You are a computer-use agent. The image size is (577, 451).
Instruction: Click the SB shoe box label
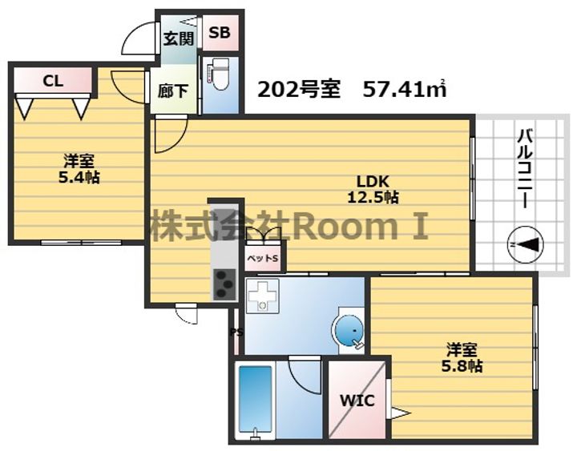click(220, 32)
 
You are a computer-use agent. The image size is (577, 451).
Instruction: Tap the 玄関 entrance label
click(179, 38)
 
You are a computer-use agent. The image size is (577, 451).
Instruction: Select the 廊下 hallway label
click(173, 91)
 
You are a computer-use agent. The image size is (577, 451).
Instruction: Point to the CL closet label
click(53, 81)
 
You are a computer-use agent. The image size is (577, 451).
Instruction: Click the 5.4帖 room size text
click(79, 178)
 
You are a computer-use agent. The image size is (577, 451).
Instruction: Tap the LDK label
click(373, 181)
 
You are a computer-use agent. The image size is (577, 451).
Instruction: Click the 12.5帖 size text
click(373, 198)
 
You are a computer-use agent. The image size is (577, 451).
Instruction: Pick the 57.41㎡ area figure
click(405, 90)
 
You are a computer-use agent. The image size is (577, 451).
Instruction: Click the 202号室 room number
click(299, 90)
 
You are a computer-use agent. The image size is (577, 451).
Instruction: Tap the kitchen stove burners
click(224, 284)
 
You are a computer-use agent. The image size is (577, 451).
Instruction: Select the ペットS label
click(263, 258)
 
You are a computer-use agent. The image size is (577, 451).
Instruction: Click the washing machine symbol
click(262, 296)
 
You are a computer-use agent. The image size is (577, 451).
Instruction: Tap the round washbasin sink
click(349, 331)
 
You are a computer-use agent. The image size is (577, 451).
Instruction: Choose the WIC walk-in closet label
click(357, 401)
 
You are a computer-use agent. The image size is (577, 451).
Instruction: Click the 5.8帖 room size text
click(462, 366)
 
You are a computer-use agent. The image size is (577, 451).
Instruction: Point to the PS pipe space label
click(236, 332)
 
